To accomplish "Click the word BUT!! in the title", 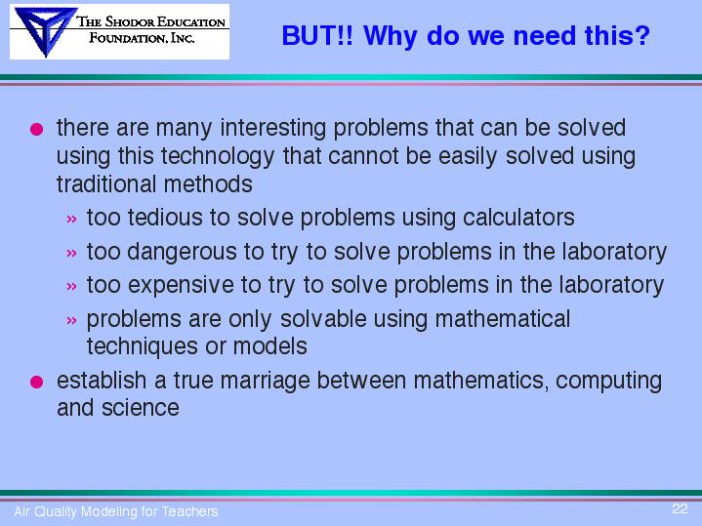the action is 317,35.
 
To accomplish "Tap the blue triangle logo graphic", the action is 44,31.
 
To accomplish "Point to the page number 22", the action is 680,508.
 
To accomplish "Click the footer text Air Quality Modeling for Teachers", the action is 116,511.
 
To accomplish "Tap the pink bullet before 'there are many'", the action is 37,130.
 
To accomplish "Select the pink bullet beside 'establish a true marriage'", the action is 37,382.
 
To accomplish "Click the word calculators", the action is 518,218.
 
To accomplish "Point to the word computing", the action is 608,382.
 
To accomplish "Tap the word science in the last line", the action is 141,408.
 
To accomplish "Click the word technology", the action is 218,157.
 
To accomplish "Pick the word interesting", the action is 273,129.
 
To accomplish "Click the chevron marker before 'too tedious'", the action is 71,220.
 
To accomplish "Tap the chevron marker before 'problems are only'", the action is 71,320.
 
